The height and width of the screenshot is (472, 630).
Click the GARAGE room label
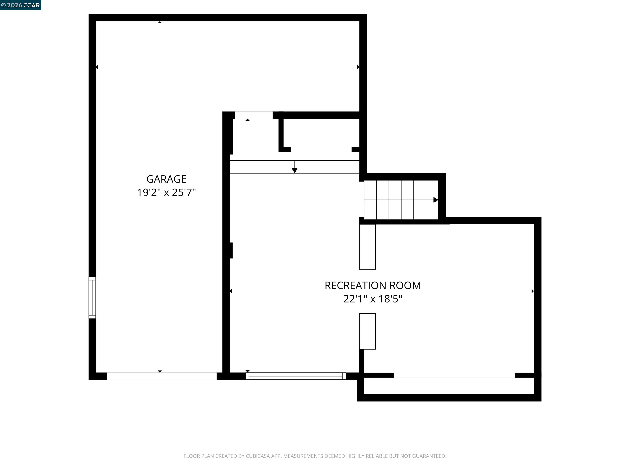[x=166, y=179]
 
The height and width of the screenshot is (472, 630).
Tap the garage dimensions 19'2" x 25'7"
[x=166, y=193]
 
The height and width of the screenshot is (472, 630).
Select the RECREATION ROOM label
[x=373, y=285]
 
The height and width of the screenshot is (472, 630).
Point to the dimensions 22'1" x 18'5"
[x=373, y=299]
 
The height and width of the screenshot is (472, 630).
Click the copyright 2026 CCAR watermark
[x=20, y=5]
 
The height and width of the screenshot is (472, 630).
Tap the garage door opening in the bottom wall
[x=161, y=376]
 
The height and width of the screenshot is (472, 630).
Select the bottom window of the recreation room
[x=296, y=376]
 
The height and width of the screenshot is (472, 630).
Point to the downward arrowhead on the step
[x=295, y=170]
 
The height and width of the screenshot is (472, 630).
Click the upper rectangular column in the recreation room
[x=367, y=247]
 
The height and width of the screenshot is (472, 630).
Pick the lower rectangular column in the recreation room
[x=367, y=331]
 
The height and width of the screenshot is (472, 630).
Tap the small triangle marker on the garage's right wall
[x=358, y=67]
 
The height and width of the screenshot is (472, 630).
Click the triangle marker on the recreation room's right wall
[x=533, y=291]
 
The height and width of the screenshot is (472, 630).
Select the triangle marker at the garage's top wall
[x=160, y=22]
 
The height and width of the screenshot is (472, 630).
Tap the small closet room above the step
[x=321, y=133]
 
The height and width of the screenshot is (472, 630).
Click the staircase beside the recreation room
[x=401, y=200]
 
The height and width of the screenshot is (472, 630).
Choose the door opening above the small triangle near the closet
[x=254, y=115]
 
